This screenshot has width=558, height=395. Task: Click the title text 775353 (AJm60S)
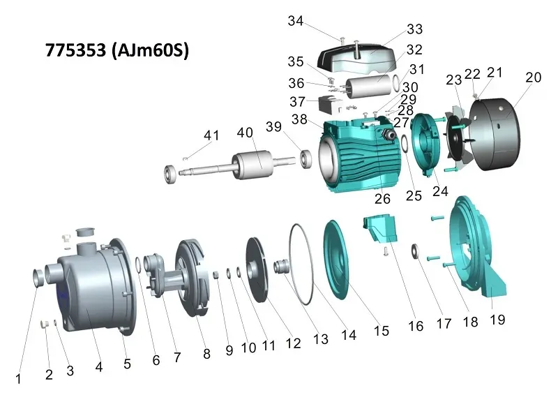pyautogui.click(x=116, y=50)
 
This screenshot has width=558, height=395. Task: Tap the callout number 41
pyautogui.click(x=211, y=135)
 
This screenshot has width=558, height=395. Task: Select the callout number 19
pyautogui.click(x=497, y=320)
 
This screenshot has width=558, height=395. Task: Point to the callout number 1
pyautogui.click(x=18, y=379)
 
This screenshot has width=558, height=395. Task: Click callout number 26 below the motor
pyautogui.click(x=382, y=199)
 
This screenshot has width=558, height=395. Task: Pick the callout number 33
pyautogui.click(x=414, y=29)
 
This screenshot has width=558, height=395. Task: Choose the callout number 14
pyautogui.click(x=348, y=335)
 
